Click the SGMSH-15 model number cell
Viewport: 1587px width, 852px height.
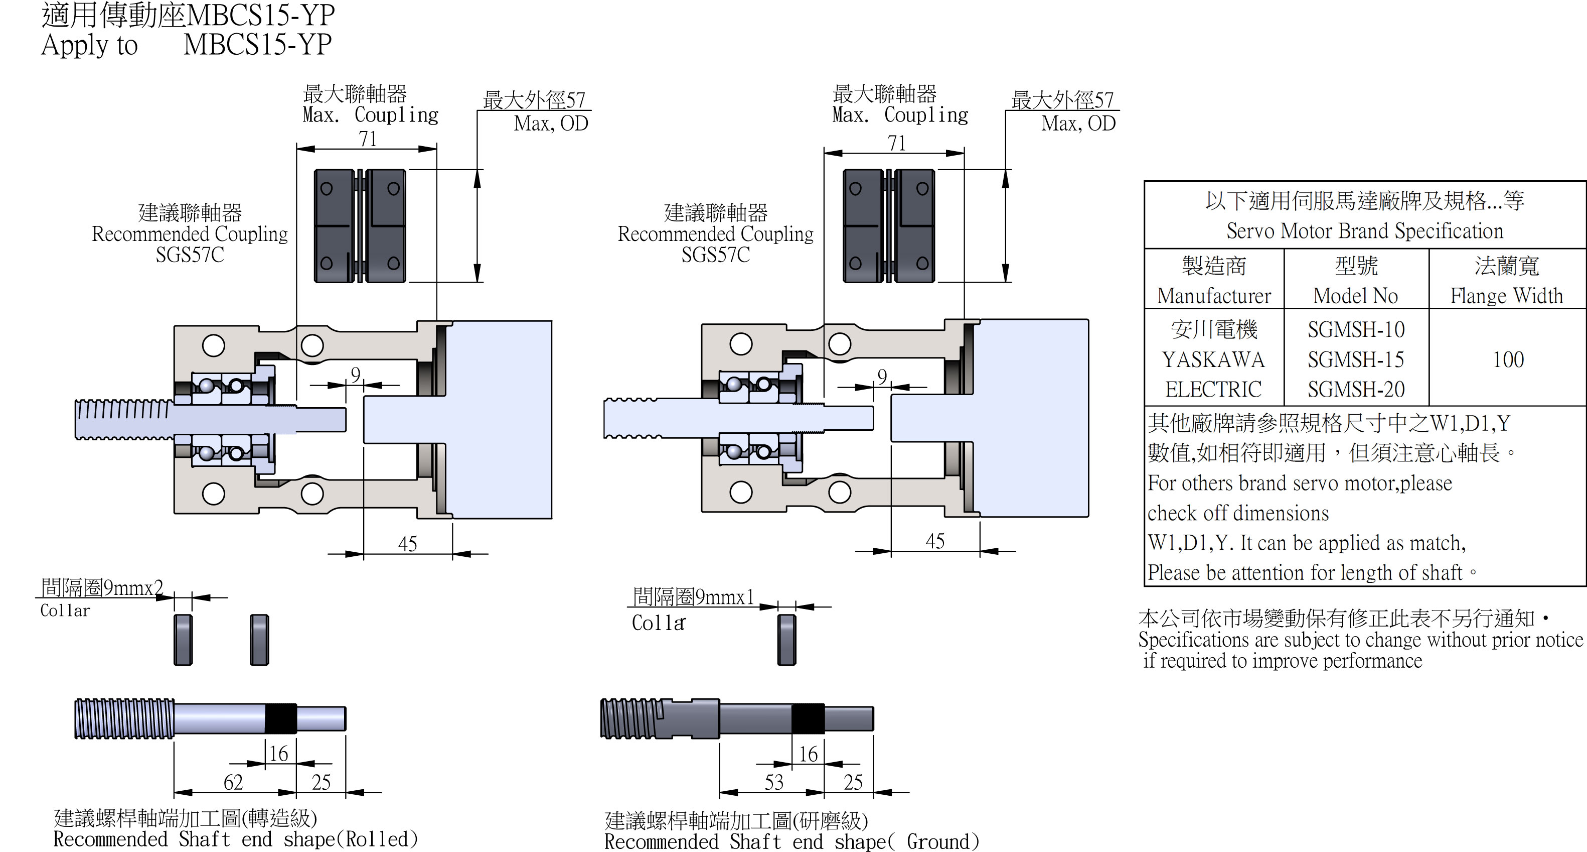(x=1356, y=359)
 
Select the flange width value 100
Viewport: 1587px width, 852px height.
(x=1508, y=359)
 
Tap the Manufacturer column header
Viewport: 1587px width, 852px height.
(x=1214, y=296)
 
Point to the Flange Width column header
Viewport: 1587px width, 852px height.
(x=1506, y=296)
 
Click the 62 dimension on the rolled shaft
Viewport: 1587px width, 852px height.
(x=233, y=782)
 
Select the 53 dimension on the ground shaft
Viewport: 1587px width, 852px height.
(x=774, y=782)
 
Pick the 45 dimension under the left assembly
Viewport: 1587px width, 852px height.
(x=407, y=544)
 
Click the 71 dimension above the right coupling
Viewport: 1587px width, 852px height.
(x=896, y=143)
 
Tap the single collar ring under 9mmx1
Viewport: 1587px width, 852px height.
(x=786, y=640)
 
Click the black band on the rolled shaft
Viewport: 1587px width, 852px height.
(x=280, y=718)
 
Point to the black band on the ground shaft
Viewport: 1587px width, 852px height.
(x=808, y=718)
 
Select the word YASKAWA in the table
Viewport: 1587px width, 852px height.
(x=1213, y=359)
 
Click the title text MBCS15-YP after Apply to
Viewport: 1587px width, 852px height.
(x=257, y=44)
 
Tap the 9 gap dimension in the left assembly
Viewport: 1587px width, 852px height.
(x=356, y=374)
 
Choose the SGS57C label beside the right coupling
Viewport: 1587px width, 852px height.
(x=715, y=255)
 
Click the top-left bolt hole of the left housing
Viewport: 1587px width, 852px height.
(x=213, y=345)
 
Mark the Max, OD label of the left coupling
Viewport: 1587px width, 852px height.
(x=551, y=124)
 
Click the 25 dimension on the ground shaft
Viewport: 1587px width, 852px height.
(x=853, y=782)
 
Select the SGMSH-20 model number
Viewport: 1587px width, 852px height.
(x=1356, y=390)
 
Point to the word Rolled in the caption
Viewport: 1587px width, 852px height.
(x=376, y=839)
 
